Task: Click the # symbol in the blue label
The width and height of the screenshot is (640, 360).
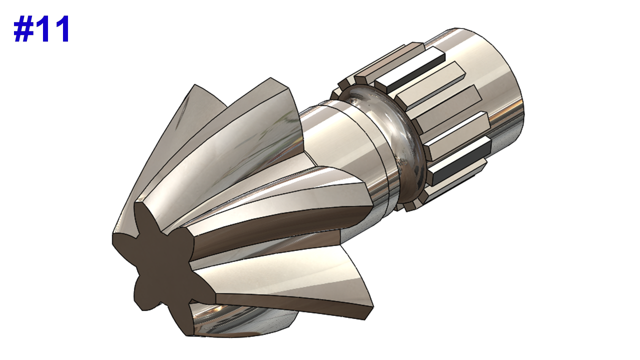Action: coord(23,29)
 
